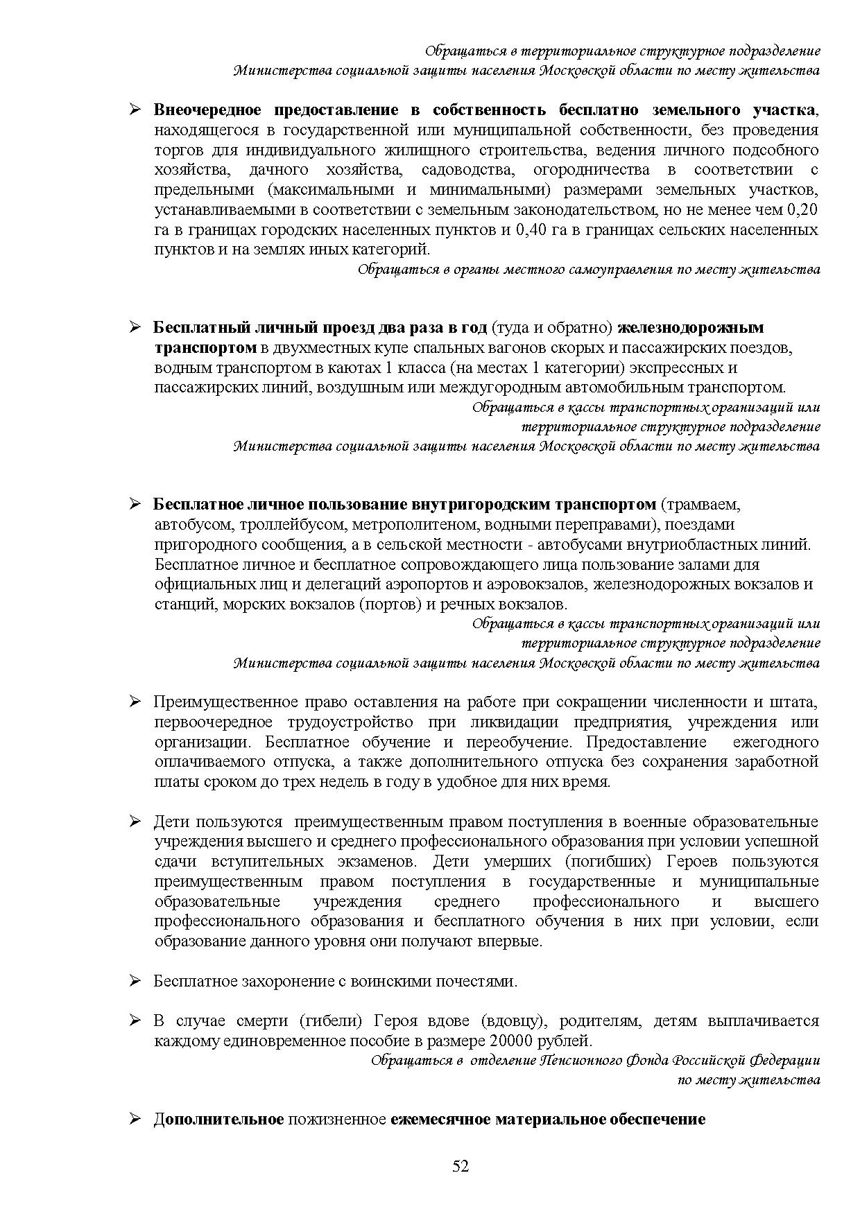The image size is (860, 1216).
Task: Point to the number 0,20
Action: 803,209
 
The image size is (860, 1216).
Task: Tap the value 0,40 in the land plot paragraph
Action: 531,229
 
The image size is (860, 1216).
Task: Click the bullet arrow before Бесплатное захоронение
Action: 135,981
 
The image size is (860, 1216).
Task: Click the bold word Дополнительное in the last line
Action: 218,1119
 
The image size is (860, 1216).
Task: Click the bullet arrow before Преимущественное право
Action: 135,702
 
